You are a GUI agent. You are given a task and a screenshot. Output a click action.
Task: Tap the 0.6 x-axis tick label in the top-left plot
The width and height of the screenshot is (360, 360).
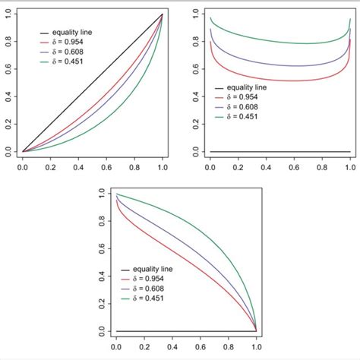point(106,163)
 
